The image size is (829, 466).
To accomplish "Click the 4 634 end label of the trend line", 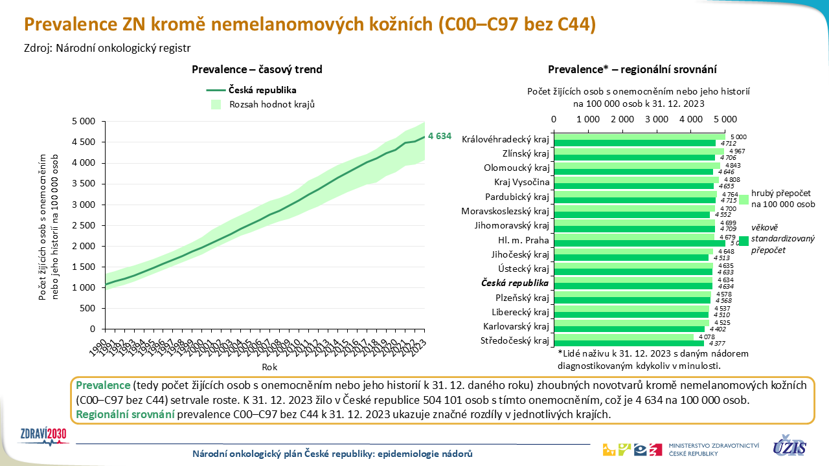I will coord(438,137).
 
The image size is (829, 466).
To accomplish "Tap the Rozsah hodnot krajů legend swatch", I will coord(216,104).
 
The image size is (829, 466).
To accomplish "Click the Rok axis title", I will coord(270,367).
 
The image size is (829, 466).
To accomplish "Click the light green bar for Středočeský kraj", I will coord(623,337).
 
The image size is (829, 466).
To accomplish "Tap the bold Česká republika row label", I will coord(515,283).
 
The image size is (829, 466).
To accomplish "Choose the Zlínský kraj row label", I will coord(525,154).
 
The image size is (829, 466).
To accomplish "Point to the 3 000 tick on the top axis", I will coord(657,119).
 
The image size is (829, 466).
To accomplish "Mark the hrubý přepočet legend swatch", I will coord(744,200).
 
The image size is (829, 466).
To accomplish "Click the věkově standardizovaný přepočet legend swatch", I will coord(744,241).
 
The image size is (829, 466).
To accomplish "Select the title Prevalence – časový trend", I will coord(257,69).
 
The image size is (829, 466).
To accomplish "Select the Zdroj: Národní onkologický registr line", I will coord(108,47).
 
